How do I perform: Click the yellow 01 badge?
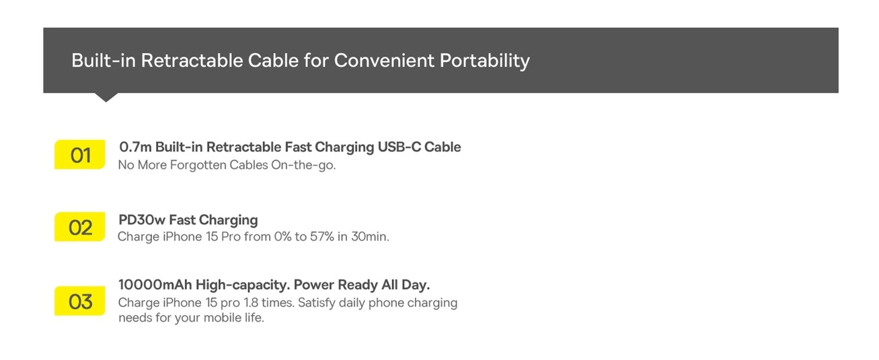[80, 155]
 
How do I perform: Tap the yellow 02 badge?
[80, 227]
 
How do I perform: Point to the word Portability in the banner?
[484, 61]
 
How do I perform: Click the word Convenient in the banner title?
[384, 61]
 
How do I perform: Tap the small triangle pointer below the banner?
[106, 98]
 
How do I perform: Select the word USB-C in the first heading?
[396, 147]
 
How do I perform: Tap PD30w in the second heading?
[141, 220]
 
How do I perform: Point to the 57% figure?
[322, 237]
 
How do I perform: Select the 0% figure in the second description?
[276, 237]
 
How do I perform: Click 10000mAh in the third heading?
[151, 285]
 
